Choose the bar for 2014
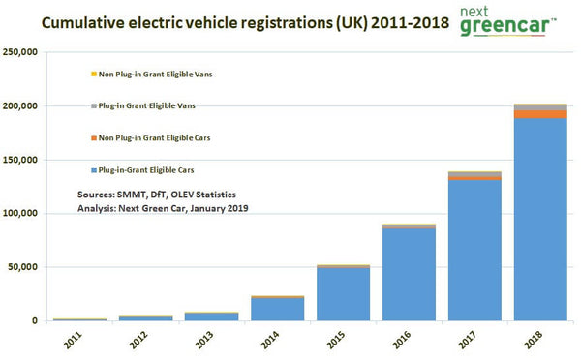pos(277,309)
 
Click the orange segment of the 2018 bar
pos(540,114)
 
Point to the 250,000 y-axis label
pos(22,52)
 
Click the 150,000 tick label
pos(22,160)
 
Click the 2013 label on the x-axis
pos(210,339)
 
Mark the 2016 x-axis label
pos(407,339)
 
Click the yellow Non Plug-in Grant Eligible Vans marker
pos(93,74)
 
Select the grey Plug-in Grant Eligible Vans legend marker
pos(93,105)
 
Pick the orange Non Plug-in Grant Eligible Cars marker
pos(93,138)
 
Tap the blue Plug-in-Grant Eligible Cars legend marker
pos(93,170)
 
